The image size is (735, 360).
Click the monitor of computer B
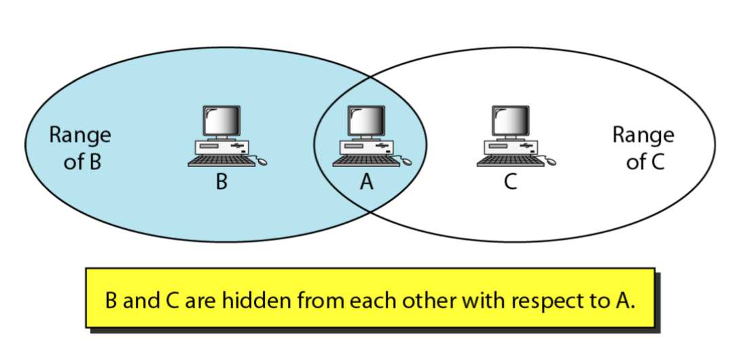(222, 122)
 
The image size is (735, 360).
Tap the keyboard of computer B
(218, 161)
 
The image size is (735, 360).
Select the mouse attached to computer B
(262, 162)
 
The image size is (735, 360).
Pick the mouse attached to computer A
(406, 162)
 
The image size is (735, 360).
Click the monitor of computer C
(510, 122)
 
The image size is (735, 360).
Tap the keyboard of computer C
(507, 161)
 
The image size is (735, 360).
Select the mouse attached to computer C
(550, 162)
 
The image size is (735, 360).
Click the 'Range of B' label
(80, 148)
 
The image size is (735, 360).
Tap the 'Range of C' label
(643, 148)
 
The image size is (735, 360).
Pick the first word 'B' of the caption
(112, 300)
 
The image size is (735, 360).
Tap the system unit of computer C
(510, 146)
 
